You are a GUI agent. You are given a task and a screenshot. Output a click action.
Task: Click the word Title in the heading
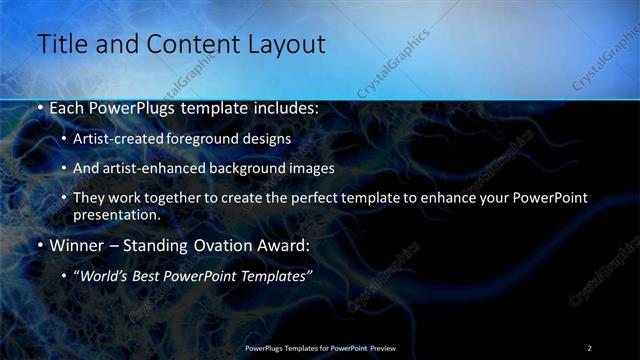click(x=61, y=44)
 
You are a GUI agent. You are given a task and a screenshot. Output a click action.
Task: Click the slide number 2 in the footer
click(x=589, y=348)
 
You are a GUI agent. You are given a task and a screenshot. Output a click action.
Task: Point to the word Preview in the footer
click(x=384, y=348)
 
